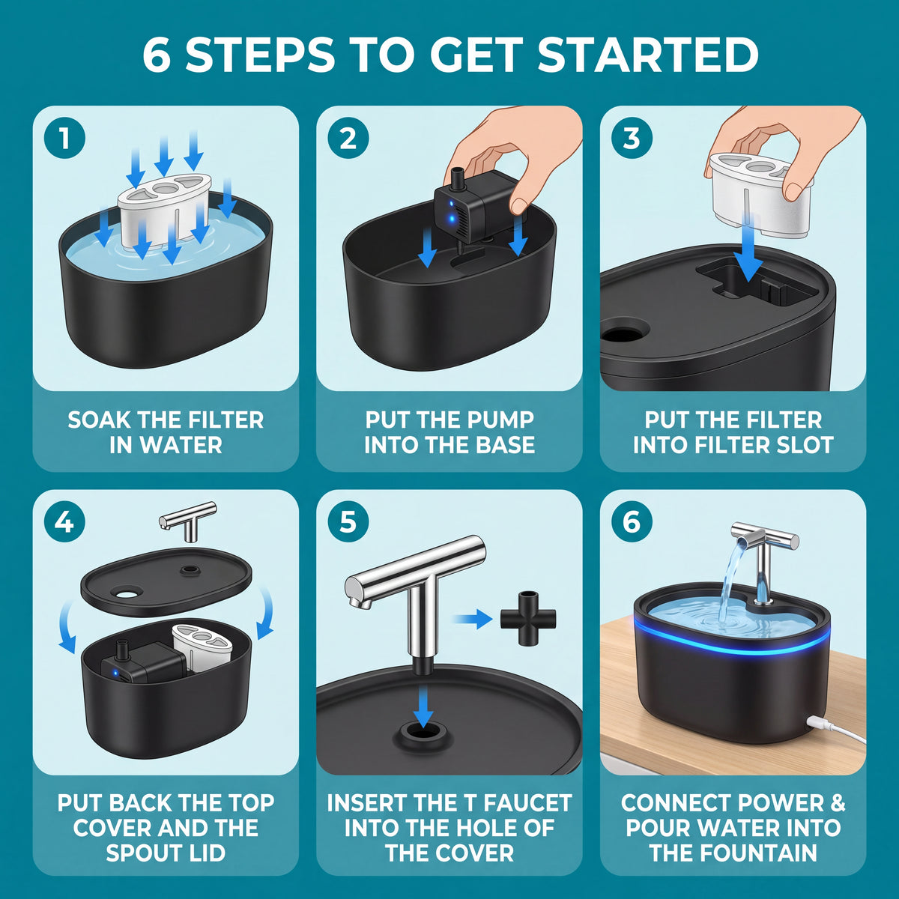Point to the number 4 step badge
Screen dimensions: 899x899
(x=64, y=521)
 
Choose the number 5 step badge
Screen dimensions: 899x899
(x=348, y=521)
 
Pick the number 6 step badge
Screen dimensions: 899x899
(x=632, y=521)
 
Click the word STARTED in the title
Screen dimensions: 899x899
(x=648, y=54)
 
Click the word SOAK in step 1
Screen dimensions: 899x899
(x=99, y=420)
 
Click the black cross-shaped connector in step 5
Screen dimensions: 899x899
(x=528, y=619)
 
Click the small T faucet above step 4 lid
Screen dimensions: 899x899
(x=187, y=521)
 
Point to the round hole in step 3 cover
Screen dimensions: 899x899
(x=625, y=332)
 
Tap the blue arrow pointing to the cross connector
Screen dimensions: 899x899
(x=473, y=619)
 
